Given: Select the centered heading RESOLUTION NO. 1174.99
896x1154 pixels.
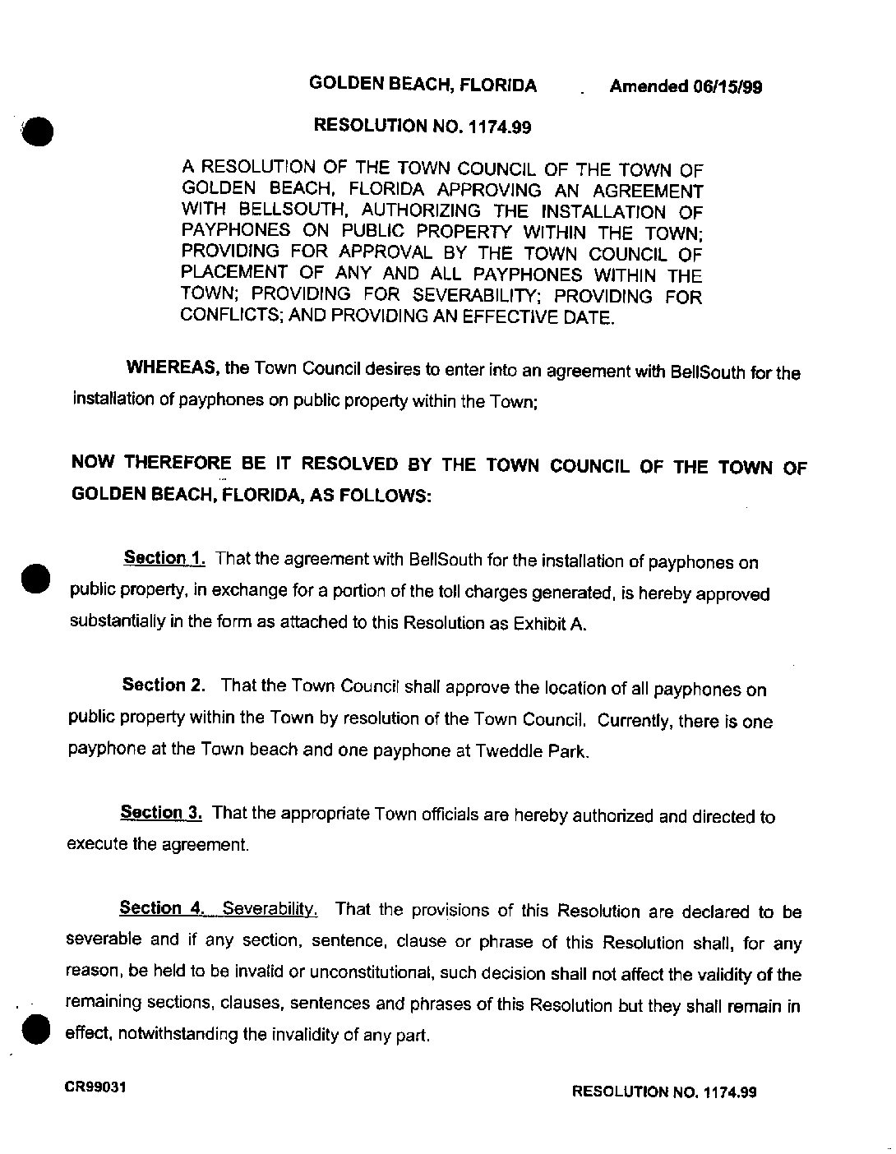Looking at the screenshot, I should point(423,127).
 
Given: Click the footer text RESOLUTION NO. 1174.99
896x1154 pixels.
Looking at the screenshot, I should point(663,1092).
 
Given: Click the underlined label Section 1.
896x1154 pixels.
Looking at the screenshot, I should point(164,559).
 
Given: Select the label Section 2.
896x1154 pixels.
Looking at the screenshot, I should point(163,685).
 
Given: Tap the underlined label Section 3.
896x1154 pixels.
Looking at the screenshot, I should point(161,813).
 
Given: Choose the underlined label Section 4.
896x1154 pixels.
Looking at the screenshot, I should point(161,908).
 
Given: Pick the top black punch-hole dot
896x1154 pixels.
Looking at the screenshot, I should point(37,130).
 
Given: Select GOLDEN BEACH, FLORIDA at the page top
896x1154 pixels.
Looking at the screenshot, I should point(423,85).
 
